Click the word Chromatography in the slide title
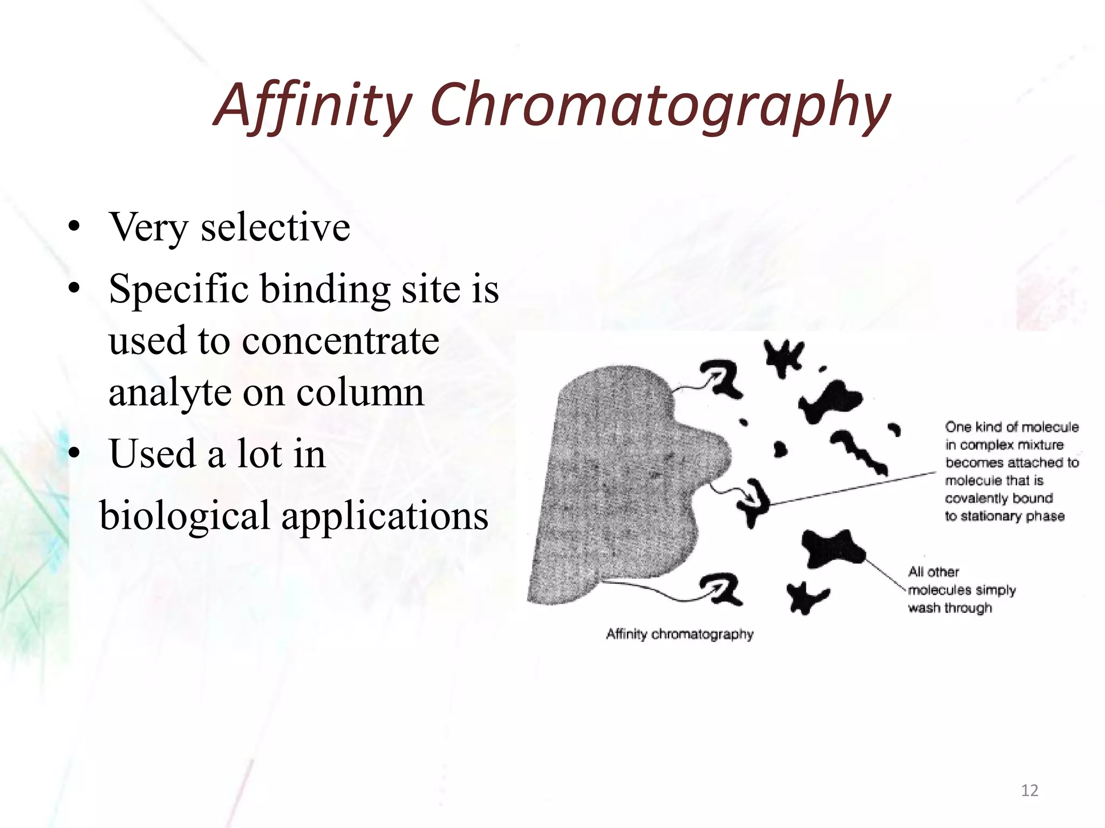click(x=659, y=105)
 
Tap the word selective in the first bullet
click(x=275, y=227)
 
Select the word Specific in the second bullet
click(x=179, y=289)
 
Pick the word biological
click(x=185, y=515)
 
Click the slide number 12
click(x=1029, y=790)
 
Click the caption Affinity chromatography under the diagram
click(x=679, y=634)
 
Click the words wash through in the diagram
click(x=950, y=608)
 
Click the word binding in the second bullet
click(x=325, y=289)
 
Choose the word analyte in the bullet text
click(x=169, y=392)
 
